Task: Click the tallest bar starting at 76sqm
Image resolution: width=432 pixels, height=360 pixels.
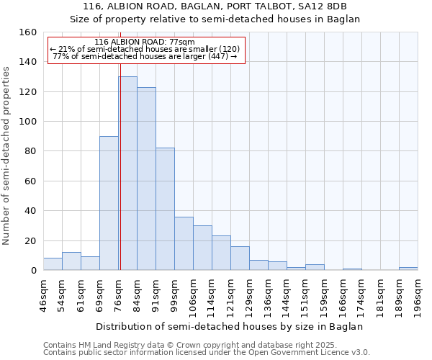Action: point(127,173)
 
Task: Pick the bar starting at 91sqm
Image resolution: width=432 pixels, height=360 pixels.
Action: point(165,209)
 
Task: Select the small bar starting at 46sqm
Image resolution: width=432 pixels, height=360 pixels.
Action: point(53,264)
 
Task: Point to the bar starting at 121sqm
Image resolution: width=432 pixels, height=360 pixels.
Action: point(240,258)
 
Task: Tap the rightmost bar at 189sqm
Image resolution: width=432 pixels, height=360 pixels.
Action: point(408,269)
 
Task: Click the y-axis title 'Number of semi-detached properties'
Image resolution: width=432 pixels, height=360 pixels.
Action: point(6,151)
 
